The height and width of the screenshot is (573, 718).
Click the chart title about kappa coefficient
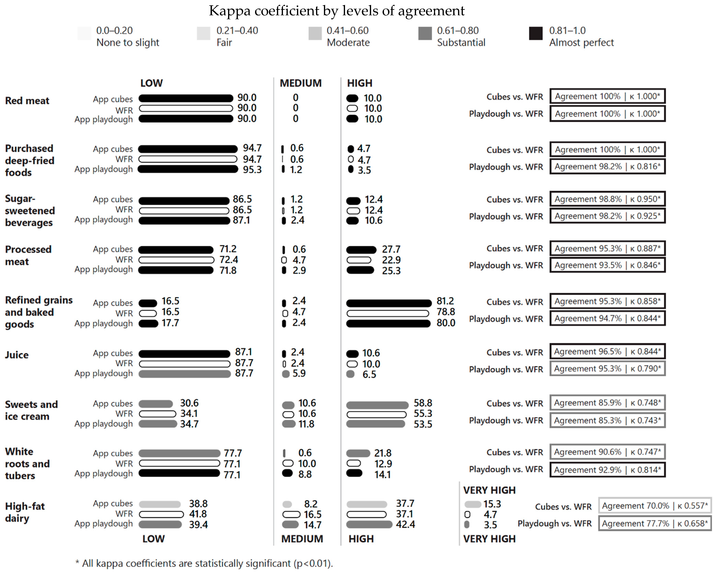336,11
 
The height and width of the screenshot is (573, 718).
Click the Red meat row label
27,101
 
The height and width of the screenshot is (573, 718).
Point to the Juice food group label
17,355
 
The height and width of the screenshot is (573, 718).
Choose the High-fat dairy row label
25,512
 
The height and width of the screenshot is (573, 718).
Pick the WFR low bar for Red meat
186,108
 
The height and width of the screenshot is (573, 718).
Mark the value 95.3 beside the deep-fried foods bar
252,170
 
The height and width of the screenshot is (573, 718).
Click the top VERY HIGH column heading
489,490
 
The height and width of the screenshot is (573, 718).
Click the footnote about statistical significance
204,563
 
